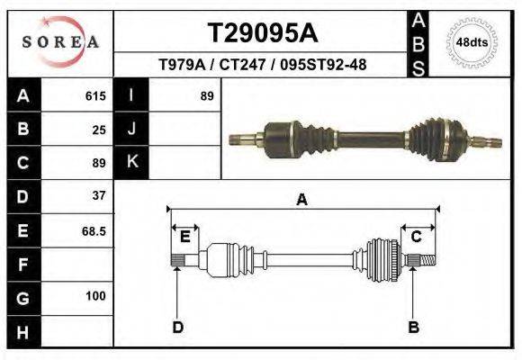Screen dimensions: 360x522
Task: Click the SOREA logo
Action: click(x=59, y=42)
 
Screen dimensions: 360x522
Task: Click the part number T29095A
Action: click(x=262, y=33)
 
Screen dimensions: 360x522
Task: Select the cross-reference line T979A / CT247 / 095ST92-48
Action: click(x=262, y=66)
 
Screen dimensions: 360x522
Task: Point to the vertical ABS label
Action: click(x=418, y=42)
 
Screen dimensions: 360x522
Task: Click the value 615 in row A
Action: click(x=95, y=95)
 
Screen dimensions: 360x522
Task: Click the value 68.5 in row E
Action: click(x=94, y=230)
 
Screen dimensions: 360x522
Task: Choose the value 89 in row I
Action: click(x=207, y=95)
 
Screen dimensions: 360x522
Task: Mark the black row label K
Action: click(x=131, y=162)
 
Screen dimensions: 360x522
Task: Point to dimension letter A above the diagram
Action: click(x=301, y=200)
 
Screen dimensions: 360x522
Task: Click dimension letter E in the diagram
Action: click(x=184, y=237)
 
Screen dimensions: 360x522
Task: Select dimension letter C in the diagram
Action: click(x=417, y=237)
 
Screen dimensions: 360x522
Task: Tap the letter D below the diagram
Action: click(x=177, y=327)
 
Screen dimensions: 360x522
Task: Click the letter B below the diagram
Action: click(x=414, y=327)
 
